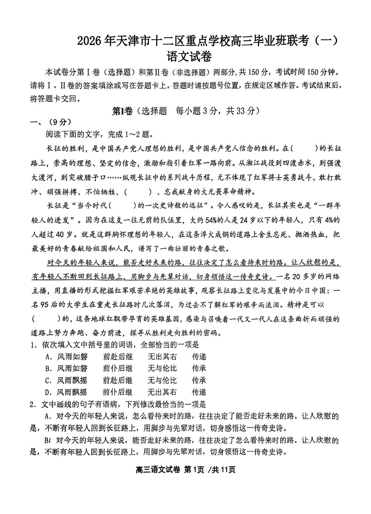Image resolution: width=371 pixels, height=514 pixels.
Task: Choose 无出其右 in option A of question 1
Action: (162, 357)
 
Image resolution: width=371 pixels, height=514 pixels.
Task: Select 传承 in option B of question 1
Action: (199, 368)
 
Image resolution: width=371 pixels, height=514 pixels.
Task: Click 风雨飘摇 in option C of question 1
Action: (72, 380)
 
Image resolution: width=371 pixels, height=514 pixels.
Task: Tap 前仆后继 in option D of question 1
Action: (117, 392)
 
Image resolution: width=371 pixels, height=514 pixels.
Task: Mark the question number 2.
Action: (33, 404)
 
